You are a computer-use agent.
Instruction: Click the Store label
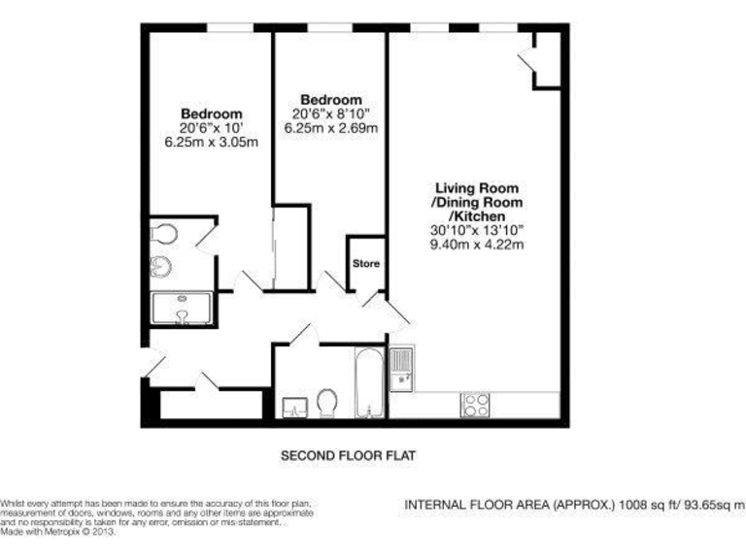coord(366,264)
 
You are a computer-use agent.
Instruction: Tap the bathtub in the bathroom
coord(367,381)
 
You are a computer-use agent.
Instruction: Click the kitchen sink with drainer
coord(402,370)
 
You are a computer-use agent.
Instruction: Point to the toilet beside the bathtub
coord(328,403)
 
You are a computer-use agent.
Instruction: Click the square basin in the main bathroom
coord(294,407)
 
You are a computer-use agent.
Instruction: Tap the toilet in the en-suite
coord(163,234)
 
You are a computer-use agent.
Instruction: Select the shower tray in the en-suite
coord(185,309)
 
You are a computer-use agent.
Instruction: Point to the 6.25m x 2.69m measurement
coord(330,127)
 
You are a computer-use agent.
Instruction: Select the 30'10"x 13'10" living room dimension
coord(477,231)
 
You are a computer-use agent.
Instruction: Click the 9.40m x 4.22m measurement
coord(477,245)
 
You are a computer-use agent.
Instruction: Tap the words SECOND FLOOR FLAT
coord(349,454)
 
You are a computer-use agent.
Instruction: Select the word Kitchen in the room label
coord(478,216)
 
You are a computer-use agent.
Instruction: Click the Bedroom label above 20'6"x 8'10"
coord(330,100)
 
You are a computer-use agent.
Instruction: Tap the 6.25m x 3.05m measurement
coord(211,142)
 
